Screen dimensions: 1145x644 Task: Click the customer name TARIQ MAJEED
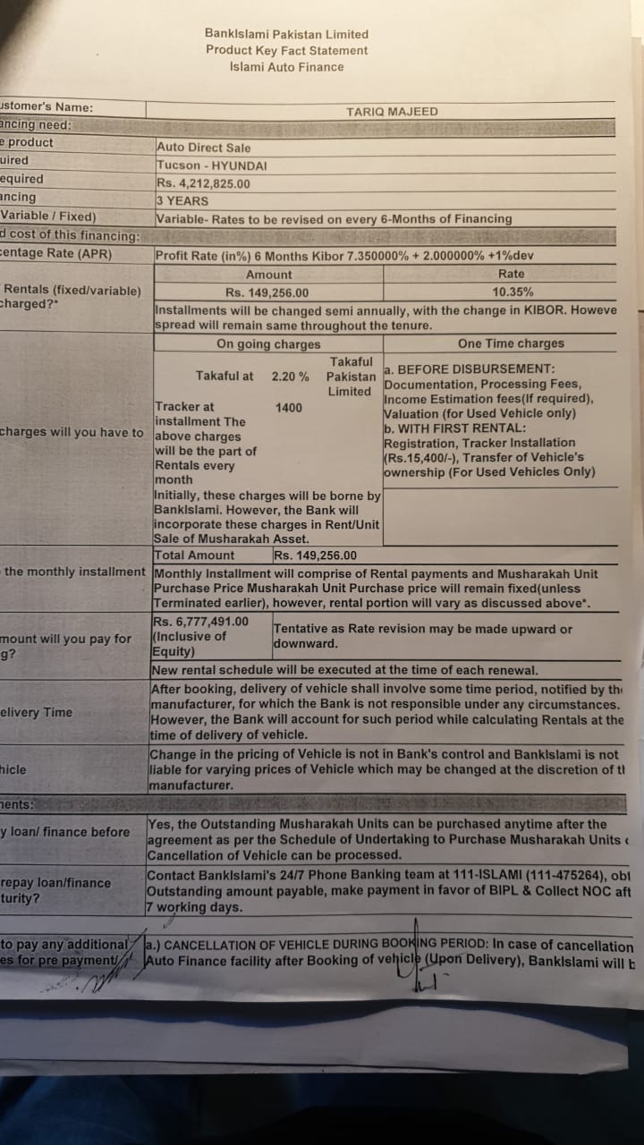pyautogui.click(x=392, y=112)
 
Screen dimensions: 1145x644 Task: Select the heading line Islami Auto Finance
pyautogui.click(x=286, y=67)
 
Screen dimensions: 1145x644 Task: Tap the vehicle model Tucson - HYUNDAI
pyautogui.click(x=212, y=165)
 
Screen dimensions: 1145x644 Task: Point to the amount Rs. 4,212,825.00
pyautogui.click(x=203, y=183)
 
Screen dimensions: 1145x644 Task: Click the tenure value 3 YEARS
pyautogui.click(x=182, y=201)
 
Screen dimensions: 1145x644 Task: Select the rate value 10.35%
pyautogui.click(x=513, y=292)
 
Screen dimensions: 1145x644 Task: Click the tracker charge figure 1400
pyautogui.click(x=289, y=408)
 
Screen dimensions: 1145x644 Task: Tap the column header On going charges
pyautogui.click(x=268, y=344)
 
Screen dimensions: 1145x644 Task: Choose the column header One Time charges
pyautogui.click(x=511, y=343)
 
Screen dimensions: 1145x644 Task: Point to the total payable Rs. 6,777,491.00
pyautogui.click(x=201, y=622)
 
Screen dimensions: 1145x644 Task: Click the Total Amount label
pyautogui.click(x=194, y=556)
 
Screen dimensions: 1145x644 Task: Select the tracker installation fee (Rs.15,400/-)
pyautogui.click(x=418, y=457)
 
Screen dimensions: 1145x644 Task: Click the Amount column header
pyautogui.click(x=268, y=275)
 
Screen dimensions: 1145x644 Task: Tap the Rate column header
pyautogui.click(x=512, y=274)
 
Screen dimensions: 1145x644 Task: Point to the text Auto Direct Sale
pyautogui.click(x=204, y=148)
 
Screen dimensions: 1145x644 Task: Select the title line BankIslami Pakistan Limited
pyautogui.click(x=286, y=34)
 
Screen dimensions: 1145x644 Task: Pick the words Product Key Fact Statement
pyautogui.click(x=286, y=51)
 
